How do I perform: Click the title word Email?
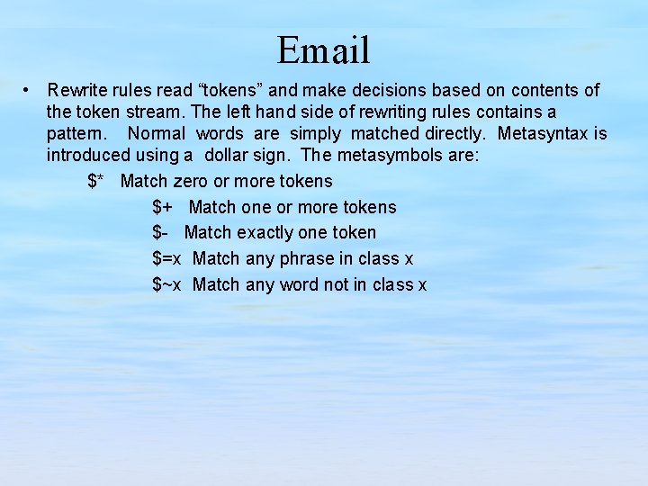323,49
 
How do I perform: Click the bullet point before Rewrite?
29,90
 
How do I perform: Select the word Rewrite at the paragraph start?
77,90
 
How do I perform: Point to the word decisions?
385,90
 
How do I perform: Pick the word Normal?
157,134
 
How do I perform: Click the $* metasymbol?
98,181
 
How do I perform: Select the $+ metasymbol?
163,207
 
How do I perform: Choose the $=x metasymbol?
166,258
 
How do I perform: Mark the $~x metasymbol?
166,284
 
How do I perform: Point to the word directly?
451,134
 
